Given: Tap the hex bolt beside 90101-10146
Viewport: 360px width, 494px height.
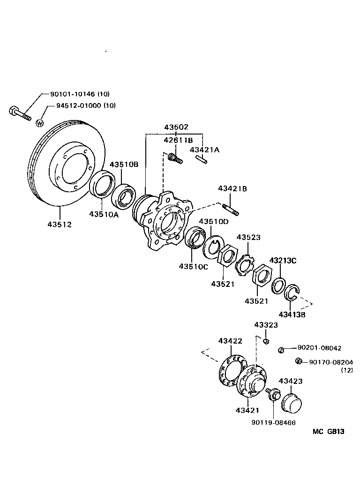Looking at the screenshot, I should click(x=19, y=112).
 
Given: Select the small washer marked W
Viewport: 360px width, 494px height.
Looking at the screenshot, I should click(x=40, y=123).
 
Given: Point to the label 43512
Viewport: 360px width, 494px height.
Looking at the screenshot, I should click(x=59, y=224).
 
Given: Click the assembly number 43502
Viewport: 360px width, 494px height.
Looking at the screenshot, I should click(x=176, y=127).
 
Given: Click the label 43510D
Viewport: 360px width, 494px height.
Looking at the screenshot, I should click(x=214, y=221).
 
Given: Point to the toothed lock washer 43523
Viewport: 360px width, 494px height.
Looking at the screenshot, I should click(x=244, y=265).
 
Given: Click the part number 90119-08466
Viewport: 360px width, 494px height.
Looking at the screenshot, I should click(x=273, y=422).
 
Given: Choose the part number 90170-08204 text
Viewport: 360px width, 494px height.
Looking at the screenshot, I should click(x=331, y=362).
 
